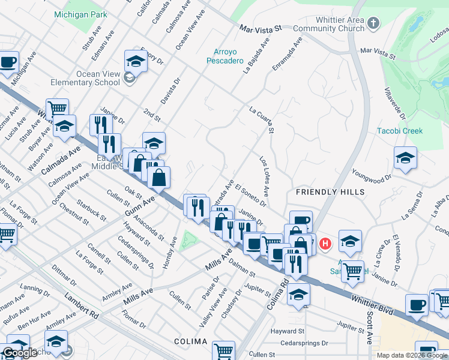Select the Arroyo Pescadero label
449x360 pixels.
pos(224,56)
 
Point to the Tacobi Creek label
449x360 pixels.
pos(400,131)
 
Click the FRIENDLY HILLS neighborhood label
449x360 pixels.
pos(330,192)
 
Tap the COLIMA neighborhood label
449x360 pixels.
pos(190,341)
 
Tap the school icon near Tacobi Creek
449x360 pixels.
pos(406,158)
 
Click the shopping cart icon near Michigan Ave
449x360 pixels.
pos(57,109)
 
